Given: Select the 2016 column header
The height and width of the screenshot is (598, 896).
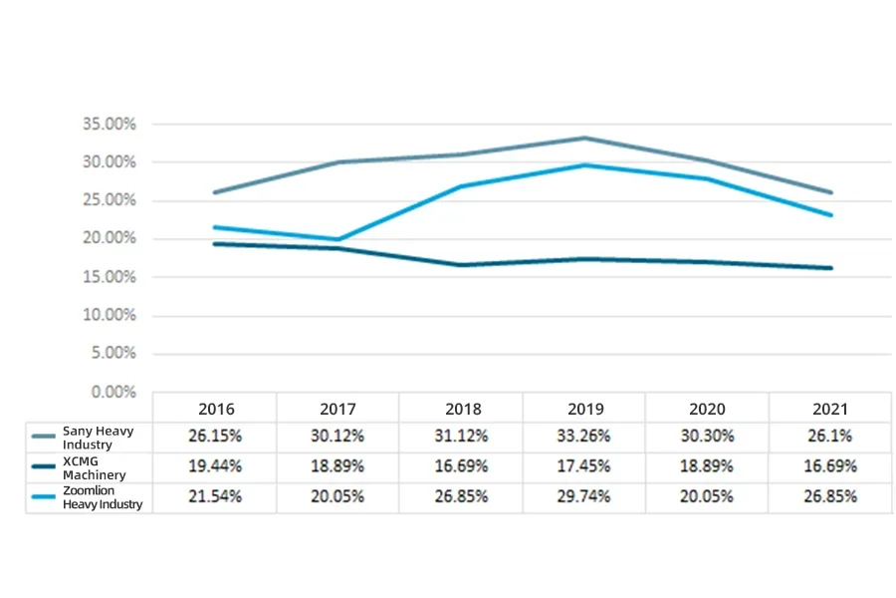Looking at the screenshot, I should [x=216, y=409].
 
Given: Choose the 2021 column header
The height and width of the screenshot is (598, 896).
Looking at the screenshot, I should [x=830, y=409].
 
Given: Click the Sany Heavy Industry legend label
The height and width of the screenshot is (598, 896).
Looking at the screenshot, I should [x=98, y=437].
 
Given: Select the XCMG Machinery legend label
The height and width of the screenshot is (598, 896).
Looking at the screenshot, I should [x=94, y=467].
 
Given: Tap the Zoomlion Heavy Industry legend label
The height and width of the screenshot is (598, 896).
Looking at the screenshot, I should [x=103, y=497].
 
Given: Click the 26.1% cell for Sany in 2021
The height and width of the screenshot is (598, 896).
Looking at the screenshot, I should [x=830, y=436].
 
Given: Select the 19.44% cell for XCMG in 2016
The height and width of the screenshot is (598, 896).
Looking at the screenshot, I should [x=216, y=466].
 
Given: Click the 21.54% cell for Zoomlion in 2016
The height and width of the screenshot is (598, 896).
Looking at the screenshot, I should [x=216, y=496].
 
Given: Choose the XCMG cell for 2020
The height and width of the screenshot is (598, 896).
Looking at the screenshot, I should [x=708, y=466].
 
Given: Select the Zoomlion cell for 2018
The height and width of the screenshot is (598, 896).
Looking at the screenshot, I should [x=462, y=496].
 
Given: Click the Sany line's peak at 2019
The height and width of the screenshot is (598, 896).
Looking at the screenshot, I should [x=584, y=138].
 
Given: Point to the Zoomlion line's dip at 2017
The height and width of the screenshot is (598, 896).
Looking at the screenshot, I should [x=338, y=239].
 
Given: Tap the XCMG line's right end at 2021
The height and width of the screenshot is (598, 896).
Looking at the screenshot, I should [x=830, y=267].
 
